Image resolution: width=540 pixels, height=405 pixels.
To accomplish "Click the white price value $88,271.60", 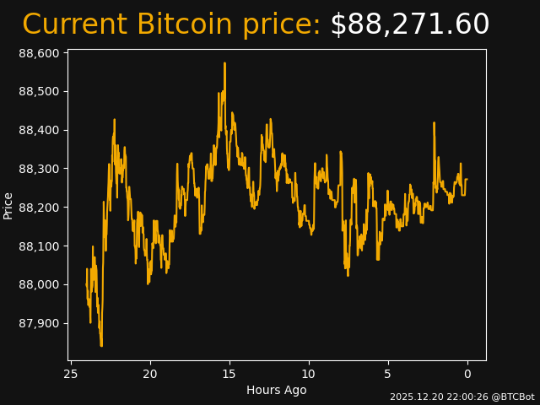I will pos(409,24).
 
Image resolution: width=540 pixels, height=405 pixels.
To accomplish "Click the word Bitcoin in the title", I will pos(185,24).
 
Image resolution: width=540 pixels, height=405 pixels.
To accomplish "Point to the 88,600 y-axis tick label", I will pos(38,53).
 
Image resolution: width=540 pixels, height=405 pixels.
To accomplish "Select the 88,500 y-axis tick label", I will pos(38,92).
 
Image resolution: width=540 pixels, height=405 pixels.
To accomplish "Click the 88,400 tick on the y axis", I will pos(38,131).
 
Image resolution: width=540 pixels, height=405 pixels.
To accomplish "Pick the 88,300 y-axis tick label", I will pos(38,169).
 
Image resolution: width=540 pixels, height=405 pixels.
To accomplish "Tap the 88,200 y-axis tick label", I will pos(38,208).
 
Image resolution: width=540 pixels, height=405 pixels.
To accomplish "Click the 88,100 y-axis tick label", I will pos(38,246).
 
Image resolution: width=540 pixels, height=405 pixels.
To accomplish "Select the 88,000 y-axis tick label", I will pos(38,285).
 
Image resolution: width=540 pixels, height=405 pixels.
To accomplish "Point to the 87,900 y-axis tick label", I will pos(38,324).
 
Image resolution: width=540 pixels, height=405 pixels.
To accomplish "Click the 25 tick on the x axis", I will pos(71,374).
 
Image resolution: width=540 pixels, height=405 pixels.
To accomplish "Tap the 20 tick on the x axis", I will pos(150,374).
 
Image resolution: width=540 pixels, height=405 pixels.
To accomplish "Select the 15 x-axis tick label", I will pos(229,374).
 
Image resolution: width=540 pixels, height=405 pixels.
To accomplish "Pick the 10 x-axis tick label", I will pos(309,374).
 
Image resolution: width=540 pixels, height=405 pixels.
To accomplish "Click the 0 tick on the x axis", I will pos(467,374).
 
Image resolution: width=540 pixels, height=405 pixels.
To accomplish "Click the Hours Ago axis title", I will pos(276,390).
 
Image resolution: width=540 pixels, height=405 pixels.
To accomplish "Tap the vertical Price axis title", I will pos(8,205).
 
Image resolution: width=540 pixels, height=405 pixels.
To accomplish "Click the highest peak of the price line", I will pos(224,63).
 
